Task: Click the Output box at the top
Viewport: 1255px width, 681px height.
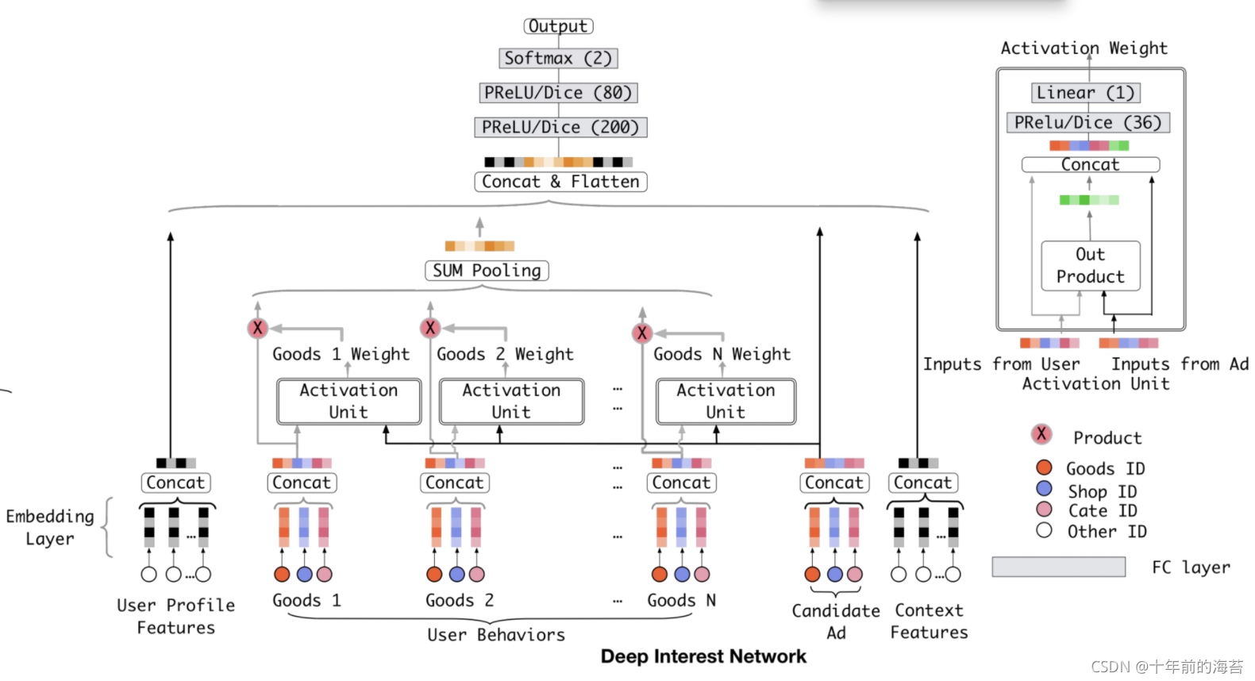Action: [x=558, y=26]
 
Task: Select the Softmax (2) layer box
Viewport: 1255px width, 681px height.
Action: [x=558, y=58]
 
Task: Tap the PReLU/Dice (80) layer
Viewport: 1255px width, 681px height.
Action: [x=558, y=93]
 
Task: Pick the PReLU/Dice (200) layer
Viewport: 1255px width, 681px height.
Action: [x=560, y=127]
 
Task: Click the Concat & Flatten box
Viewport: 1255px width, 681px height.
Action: [x=560, y=182]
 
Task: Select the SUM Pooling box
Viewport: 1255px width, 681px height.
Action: [x=487, y=271]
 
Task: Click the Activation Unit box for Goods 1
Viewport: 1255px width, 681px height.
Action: [x=348, y=401]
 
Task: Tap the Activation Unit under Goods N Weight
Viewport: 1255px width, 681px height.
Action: [x=726, y=401]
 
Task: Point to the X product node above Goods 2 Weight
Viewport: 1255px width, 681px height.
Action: [x=430, y=327]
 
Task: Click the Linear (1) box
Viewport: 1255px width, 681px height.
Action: [x=1086, y=93]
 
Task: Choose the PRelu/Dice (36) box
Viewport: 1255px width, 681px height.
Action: [x=1088, y=123]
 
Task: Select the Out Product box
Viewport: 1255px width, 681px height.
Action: [x=1091, y=266]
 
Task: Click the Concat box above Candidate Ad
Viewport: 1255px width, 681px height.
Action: [x=833, y=483]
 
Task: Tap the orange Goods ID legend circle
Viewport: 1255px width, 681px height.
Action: [x=1044, y=467]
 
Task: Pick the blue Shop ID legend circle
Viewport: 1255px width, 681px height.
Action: [x=1044, y=488]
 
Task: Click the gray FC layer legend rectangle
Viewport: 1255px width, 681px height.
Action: [x=1058, y=567]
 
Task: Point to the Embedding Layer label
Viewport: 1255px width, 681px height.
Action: [x=50, y=527]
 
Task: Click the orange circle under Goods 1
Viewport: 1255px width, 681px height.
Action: [x=282, y=574]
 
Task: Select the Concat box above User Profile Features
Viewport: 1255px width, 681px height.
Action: [x=175, y=483]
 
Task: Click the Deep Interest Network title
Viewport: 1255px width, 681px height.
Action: [x=703, y=656]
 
